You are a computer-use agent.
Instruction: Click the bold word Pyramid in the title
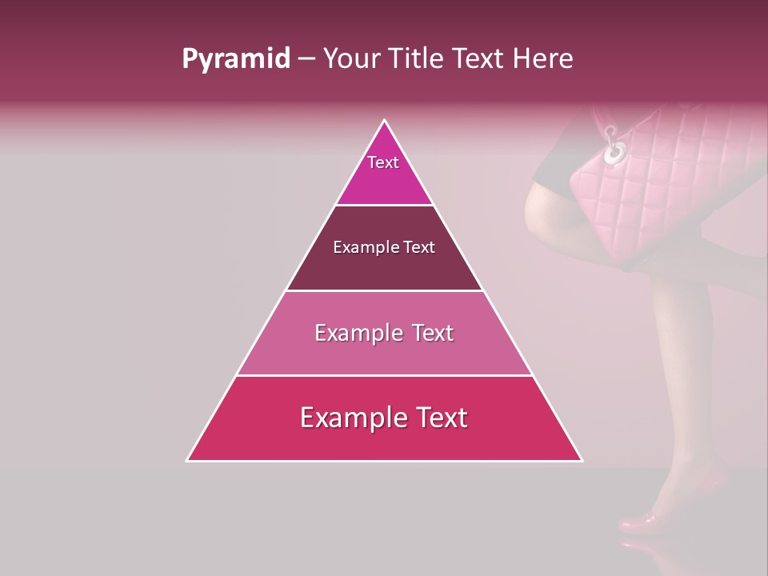click(236, 59)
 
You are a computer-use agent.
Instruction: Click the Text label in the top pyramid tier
click(383, 162)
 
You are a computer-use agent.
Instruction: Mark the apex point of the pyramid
click(385, 120)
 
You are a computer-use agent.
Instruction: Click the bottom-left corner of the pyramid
click(187, 461)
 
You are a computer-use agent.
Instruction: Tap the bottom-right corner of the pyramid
click(582, 461)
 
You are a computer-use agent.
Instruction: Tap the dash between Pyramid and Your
click(306, 59)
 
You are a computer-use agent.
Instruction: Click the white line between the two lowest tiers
click(384, 375)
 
